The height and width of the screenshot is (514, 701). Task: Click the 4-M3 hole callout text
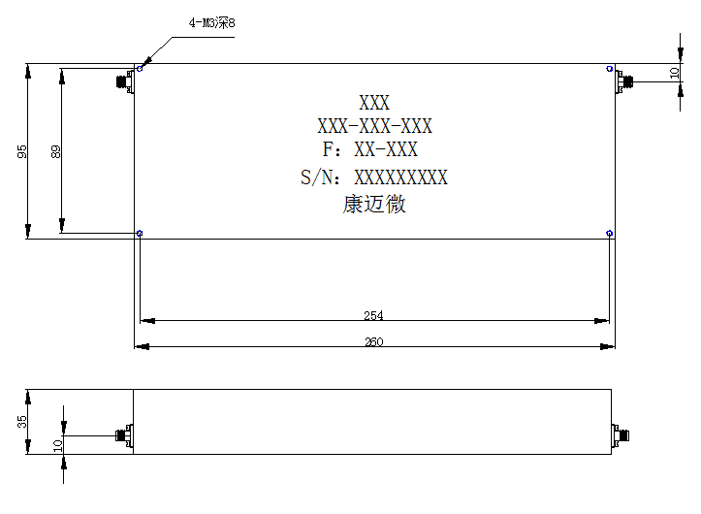[x=211, y=22]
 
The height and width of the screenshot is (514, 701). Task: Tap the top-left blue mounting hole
[x=140, y=69]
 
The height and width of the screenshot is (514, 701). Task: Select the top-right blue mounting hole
[x=609, y=69]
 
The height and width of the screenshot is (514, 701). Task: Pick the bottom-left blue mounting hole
[x=140, y=233]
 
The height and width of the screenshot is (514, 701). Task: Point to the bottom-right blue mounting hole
[x=609, y=233]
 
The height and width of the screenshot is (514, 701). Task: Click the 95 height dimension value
[x=22, y=151]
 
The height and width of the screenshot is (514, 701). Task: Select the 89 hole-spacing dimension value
[x=56, y=151]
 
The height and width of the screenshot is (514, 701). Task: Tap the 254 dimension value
[x=373, y=315]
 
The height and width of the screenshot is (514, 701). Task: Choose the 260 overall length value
[x=373, y=341]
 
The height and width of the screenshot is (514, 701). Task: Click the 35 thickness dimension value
[x=22, y=422]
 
